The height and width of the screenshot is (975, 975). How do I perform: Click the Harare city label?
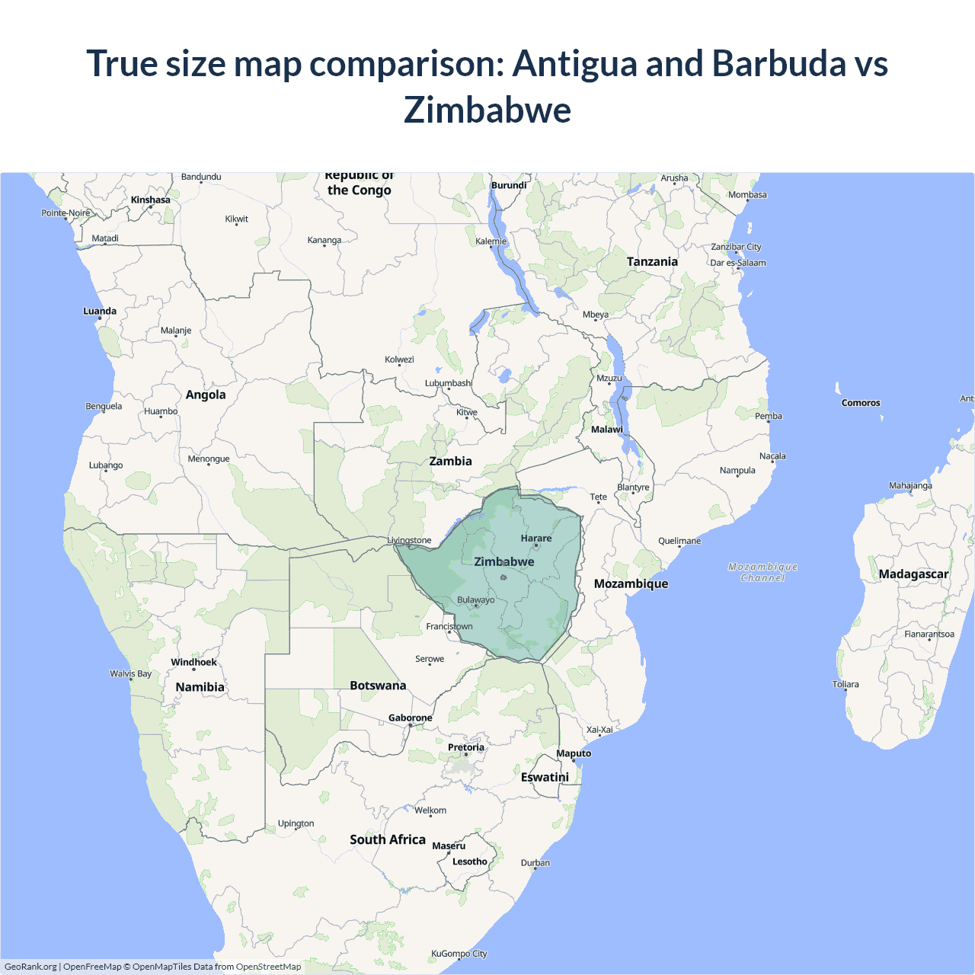[x=536, y=539]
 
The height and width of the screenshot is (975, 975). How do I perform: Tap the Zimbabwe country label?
[x=504, y=562]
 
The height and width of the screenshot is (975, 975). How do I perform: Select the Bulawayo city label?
[x=476, y=600]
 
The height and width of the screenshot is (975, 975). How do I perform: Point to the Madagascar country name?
[x=913, y=574]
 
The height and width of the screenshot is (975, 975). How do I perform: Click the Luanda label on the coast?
[x=100, y=312]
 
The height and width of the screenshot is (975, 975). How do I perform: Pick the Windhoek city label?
[x=193, y=663]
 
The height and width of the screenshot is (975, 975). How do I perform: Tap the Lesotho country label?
[x=470, y=862]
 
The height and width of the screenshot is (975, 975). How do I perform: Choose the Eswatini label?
[x=545, y=778]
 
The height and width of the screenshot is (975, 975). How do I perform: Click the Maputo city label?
[x=574, y=754]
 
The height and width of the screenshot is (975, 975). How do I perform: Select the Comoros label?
[x=861, y=403]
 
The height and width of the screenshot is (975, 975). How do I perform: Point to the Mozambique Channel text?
[x=762, y=572]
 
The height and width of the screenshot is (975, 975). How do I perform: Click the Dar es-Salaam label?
[x=738, y=263]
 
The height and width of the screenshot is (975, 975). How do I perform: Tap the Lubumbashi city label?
[x=449, y=383]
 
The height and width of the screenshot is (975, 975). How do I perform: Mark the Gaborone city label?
[x=410, y=718]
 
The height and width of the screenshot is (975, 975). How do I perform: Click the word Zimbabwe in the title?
[x=487, y=110]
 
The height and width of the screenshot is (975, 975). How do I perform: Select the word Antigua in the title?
[x=574, y=63]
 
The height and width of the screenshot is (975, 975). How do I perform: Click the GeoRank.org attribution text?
[x=30, y=967]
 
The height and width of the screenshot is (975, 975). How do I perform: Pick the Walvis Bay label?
[x=130, y=674]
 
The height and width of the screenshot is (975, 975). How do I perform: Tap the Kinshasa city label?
[x=151, y=200]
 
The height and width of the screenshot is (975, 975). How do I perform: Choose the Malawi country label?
[x=607, y=430]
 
